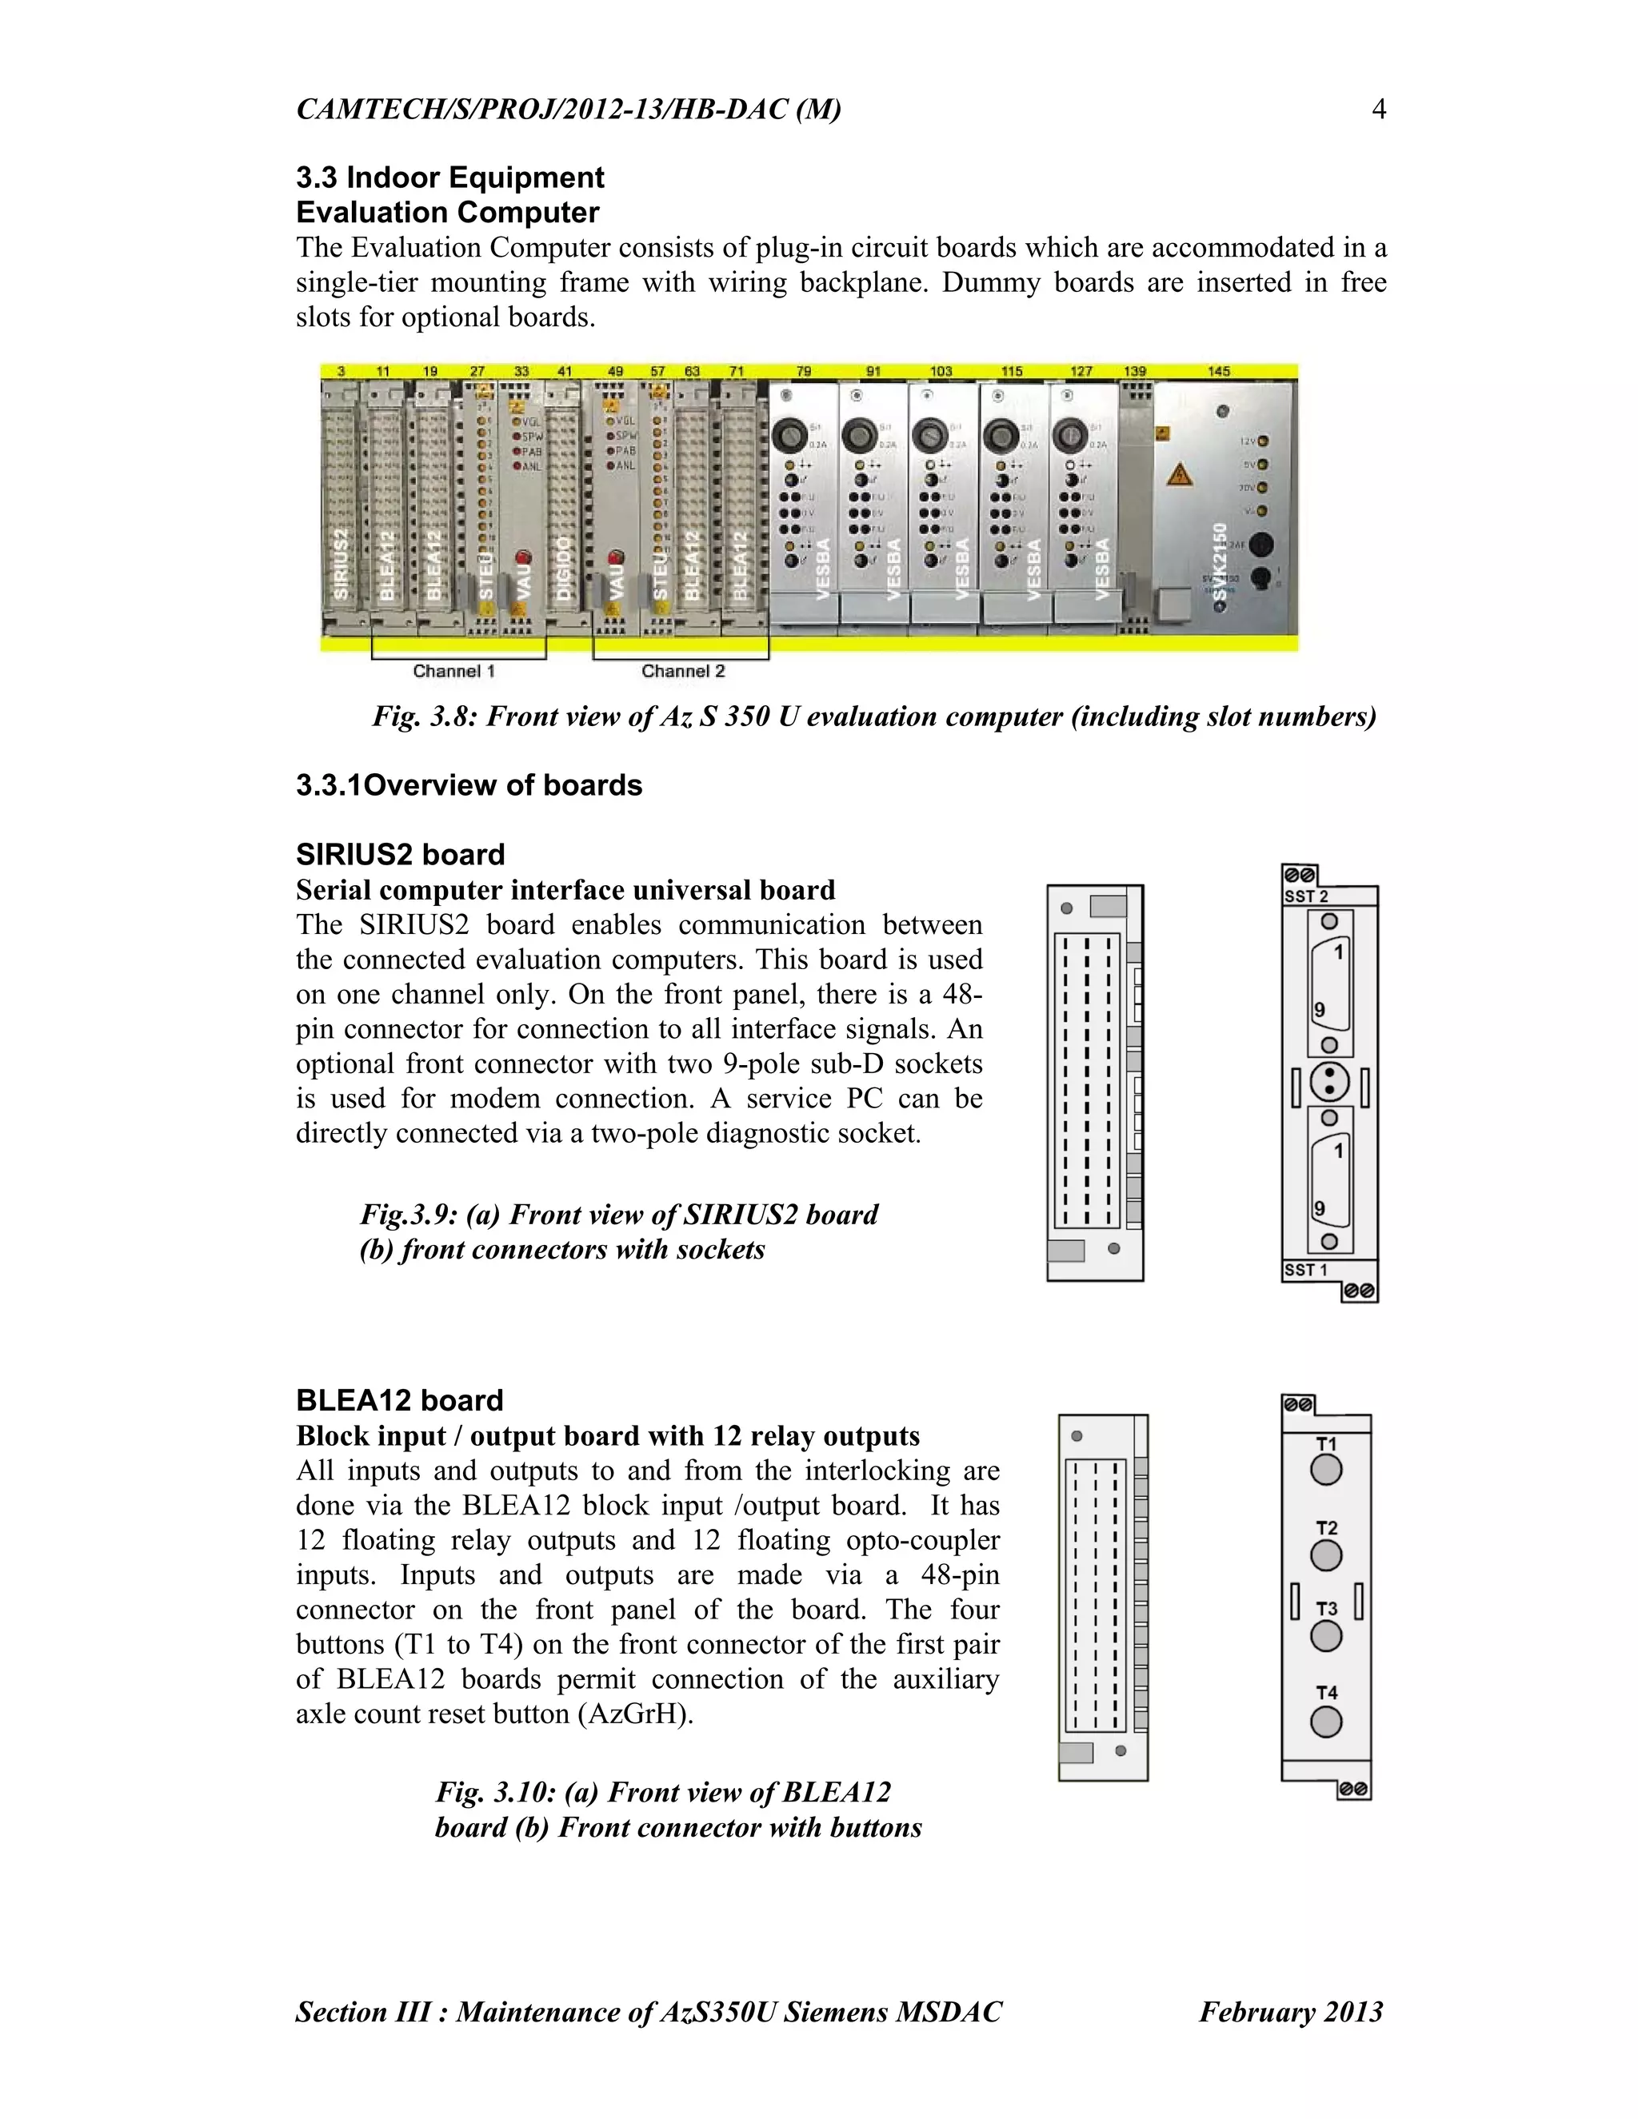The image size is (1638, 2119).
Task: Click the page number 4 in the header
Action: point(1378,109)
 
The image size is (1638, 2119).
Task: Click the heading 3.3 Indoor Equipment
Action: point(449,178)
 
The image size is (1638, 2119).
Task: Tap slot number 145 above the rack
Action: point(1219,371)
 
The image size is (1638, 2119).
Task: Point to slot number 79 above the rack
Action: point(804,371)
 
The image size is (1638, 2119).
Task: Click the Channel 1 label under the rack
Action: point(453,670)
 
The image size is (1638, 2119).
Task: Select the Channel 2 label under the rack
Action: point(682,670)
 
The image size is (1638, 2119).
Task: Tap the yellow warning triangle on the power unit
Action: point(1178,476)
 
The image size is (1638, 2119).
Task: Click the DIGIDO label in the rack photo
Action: point(563,573)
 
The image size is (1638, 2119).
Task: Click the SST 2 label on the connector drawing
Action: point(1305,896)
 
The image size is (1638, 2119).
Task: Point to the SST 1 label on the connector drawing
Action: point(1305,1270)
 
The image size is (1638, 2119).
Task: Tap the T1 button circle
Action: point(1325,1471)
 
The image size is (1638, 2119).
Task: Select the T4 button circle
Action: point(1325,1722)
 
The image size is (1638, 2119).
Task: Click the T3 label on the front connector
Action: point(1325,1609)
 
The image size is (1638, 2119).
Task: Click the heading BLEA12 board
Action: point(399,1400)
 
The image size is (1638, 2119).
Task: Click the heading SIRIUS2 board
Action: point(400,855)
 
